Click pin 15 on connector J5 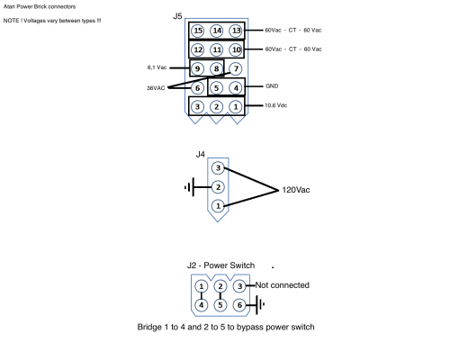click(197, 31)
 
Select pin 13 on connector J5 click(236, 31)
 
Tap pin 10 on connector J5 click(236, 49)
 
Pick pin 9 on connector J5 click(197, 68)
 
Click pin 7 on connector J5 click(236, 68)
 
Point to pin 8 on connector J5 click(216, 68)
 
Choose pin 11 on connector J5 click(216, 49)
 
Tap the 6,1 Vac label click(158, 67)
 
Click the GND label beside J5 click(274, 86)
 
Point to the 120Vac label click(299, 190)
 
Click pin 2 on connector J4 click(217, 187)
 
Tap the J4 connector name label click(201, 155)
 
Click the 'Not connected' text click(283, 285)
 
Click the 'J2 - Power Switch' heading click(220, 265)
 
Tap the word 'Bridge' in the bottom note click(151, 326)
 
